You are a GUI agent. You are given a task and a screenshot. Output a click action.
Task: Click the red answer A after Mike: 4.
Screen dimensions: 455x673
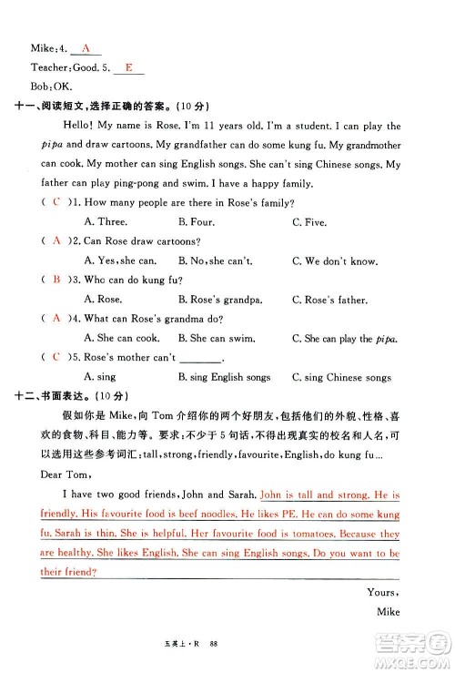(86, 47)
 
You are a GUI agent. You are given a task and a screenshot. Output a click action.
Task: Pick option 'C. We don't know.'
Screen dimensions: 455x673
(335, 261)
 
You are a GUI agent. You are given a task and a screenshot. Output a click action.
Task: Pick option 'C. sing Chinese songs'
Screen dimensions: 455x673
(341, 377)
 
